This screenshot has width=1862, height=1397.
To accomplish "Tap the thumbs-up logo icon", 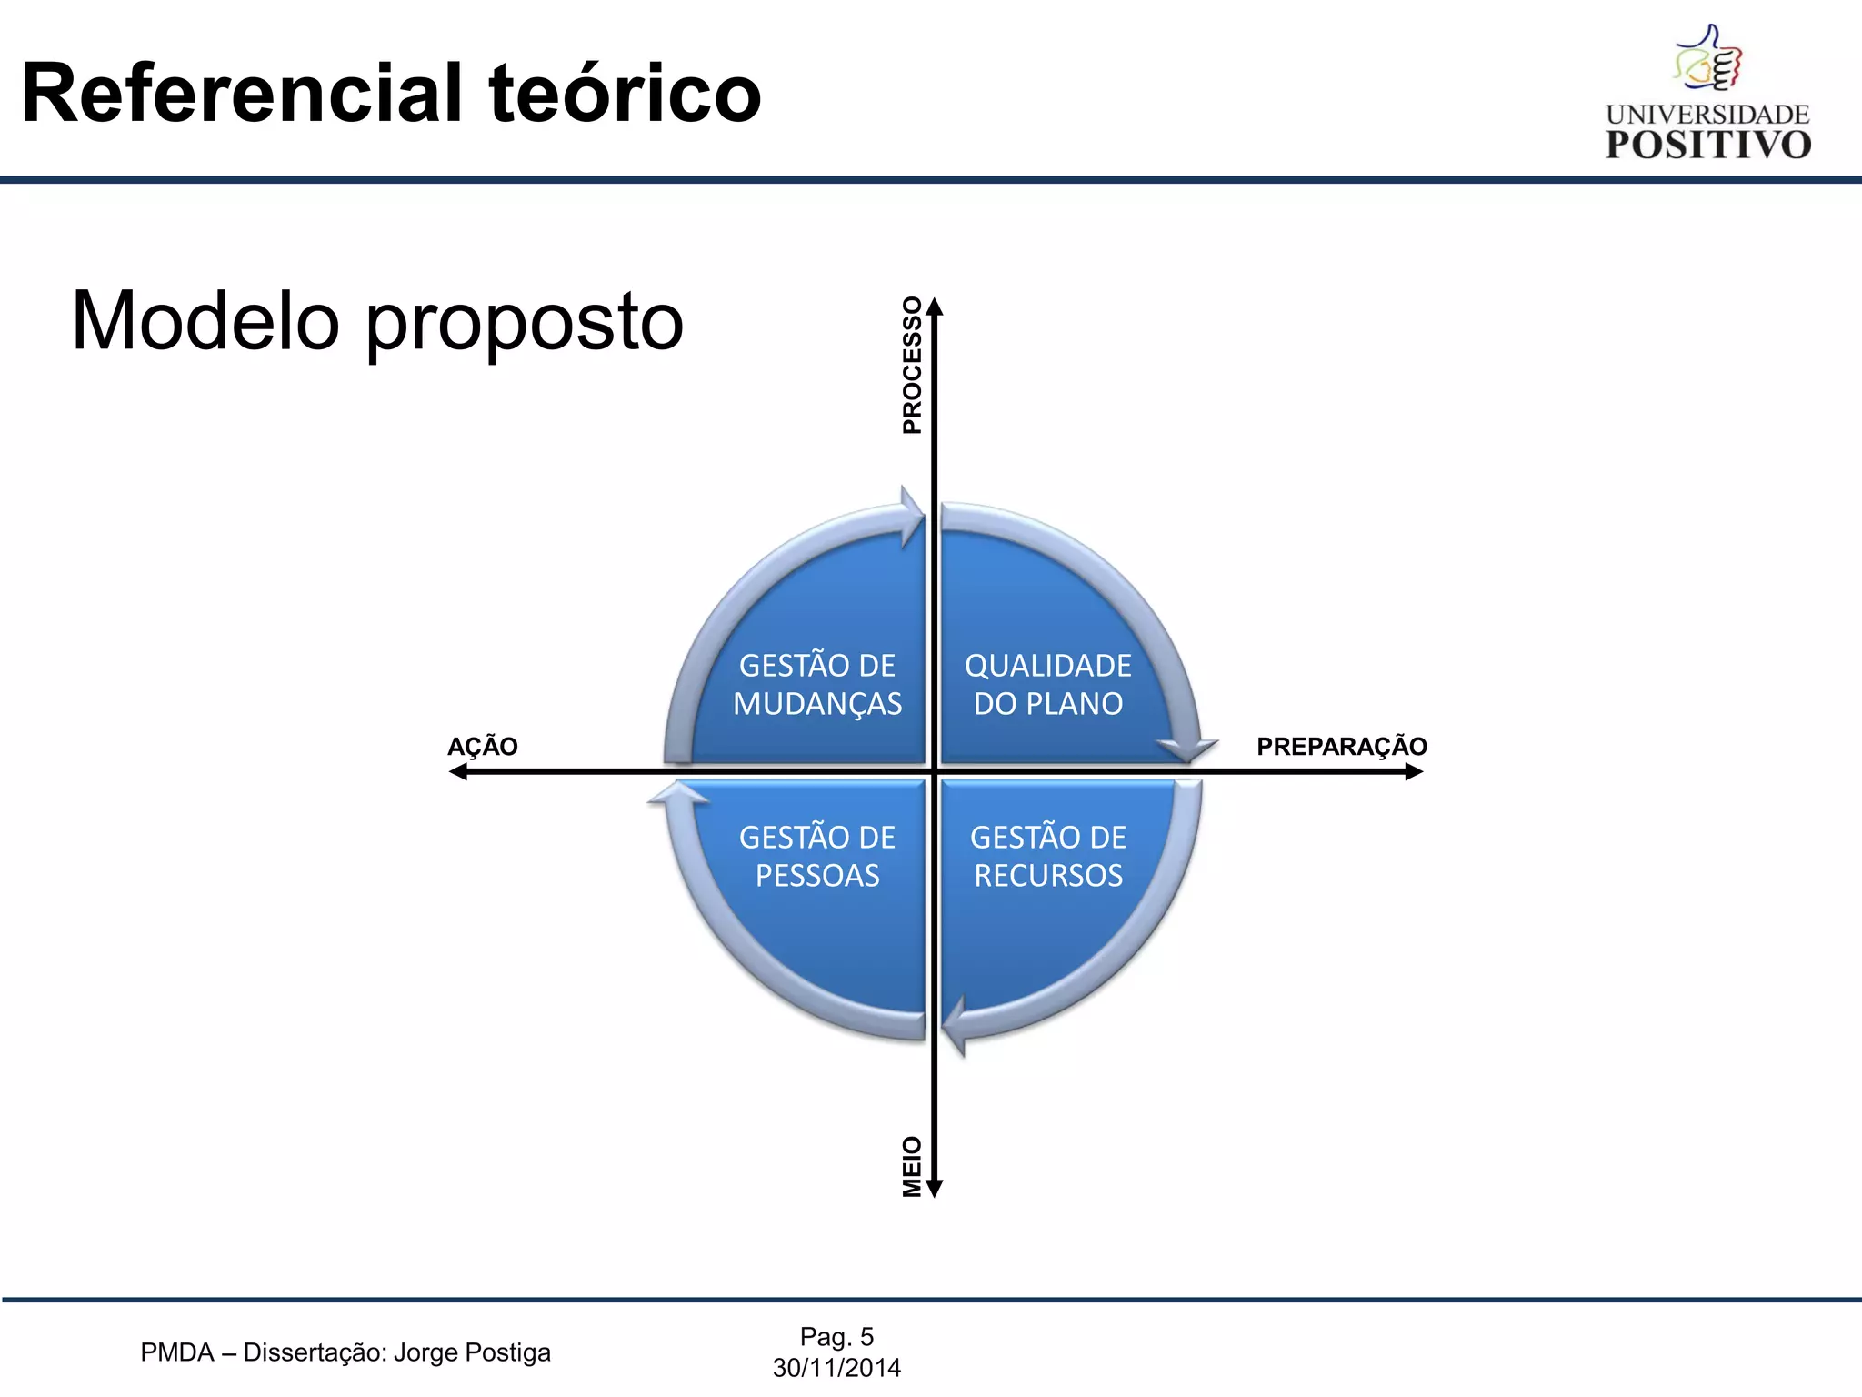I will click(x=1708, y=58).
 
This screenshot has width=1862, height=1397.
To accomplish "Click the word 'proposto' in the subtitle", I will click(x=525, y=323).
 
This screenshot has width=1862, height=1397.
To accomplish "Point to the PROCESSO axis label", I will click(x=912, y=365).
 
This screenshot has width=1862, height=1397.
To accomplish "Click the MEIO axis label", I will click(x=912, y=1166).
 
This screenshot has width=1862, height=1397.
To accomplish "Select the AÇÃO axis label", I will click(x=482, y=747).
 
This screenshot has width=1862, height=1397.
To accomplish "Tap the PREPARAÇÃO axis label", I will click(x=1341, y=747).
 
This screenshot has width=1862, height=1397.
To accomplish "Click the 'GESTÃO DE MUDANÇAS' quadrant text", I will click(x=817, y=685).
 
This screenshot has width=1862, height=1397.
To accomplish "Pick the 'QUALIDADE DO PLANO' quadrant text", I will click(x=1048, y=685).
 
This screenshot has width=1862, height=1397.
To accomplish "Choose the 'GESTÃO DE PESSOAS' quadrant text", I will click(x=817, y=856).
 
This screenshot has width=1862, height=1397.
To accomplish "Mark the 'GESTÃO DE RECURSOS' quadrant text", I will click(x=1048, y=856).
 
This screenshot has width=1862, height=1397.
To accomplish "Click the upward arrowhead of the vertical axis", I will click(x=935, y=307).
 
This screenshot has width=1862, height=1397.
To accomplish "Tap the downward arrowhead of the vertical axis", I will click(x=935, y=1188).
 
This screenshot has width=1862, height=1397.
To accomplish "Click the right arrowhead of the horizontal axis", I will click(x=1414, y=772).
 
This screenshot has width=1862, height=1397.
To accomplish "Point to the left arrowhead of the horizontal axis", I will click(x=458, y=772).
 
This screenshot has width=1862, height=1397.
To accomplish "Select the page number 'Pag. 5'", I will click(x=836, y=1336).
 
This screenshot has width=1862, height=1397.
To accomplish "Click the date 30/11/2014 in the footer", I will click(x=836, y=1368).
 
